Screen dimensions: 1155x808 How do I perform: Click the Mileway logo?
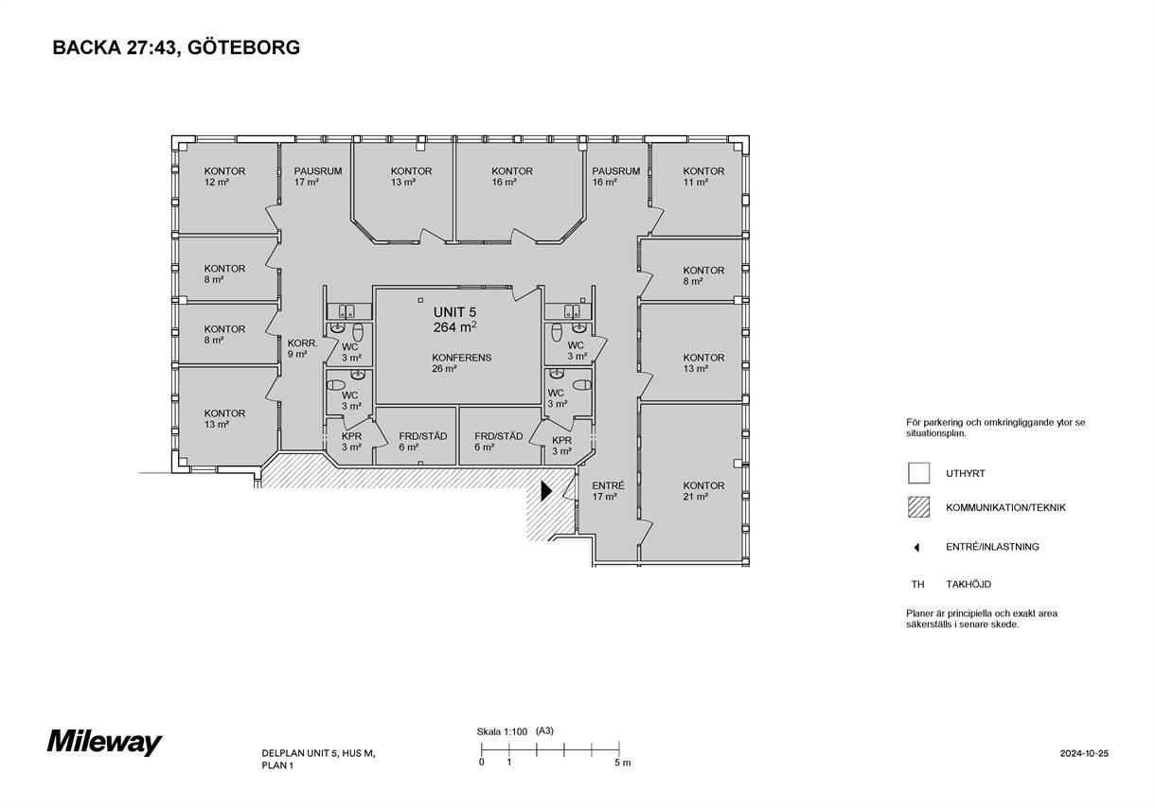[105, 743]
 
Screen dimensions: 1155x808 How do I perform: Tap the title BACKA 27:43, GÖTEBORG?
[176, 47]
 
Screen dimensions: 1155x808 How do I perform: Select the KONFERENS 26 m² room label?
[461, 362]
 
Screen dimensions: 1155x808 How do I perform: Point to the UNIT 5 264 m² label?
[454, 320]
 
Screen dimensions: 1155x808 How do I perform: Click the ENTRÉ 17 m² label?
[608, 491]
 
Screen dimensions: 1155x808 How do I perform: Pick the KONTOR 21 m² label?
[703, 491]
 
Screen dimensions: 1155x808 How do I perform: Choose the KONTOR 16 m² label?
[512, 176]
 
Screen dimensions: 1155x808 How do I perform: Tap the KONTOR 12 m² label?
[224, 176]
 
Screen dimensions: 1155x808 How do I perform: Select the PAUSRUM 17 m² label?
[318, 176]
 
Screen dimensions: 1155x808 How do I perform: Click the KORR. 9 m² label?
[303, 348]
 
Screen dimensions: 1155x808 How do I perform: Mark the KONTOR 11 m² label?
[703, 176]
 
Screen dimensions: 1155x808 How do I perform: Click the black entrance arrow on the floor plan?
[546, 490]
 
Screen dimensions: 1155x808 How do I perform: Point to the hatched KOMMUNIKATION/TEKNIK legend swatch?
[919, 507]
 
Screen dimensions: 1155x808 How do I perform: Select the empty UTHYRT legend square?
[919, 473]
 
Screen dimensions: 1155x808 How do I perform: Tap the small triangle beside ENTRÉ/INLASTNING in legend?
[916, 548]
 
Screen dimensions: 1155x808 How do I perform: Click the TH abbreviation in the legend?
[917, 585]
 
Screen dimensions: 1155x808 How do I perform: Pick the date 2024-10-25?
[1084, 753]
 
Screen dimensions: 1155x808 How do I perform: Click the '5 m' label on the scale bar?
[623, 763]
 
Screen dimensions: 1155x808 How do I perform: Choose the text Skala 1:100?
[502, 731]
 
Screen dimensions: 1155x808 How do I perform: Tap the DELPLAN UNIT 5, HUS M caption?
[319, 753]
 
